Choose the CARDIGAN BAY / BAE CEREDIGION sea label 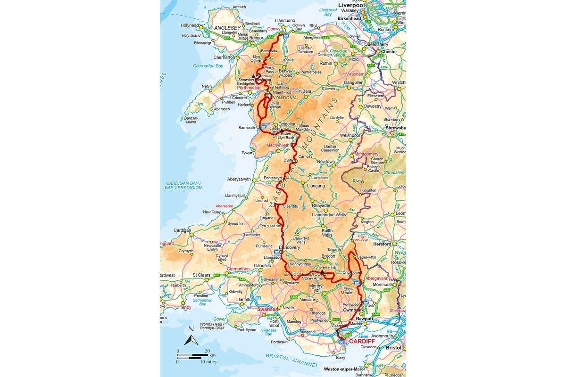184,185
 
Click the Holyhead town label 190,25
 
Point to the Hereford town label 383,244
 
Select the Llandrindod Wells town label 329,214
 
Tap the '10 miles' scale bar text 208,361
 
